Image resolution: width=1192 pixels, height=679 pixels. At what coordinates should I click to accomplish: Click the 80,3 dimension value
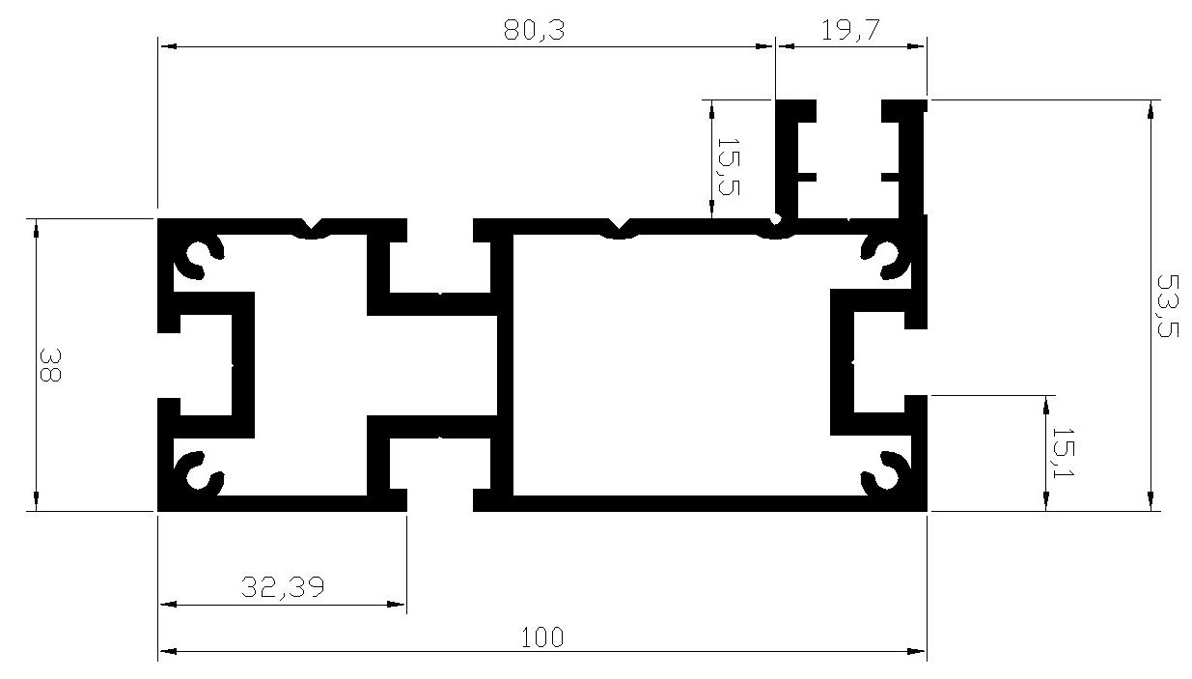(x=534, y=30)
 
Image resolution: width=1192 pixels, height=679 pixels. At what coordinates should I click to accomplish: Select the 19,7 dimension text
(x=850, y=30)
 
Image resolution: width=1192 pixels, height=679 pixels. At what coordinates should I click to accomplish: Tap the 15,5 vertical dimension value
(x=729, y=167)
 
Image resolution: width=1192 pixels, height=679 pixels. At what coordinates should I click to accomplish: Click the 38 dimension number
(x=50, y=365)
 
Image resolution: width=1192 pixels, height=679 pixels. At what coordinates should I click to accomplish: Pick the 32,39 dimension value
(x=283, y=587)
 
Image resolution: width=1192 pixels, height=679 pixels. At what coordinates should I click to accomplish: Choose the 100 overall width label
(x=541, y=637)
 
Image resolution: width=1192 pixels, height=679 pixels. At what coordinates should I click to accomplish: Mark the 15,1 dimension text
(x=1064, y=453)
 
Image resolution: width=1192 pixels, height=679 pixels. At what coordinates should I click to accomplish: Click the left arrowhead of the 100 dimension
(x=168, y=651)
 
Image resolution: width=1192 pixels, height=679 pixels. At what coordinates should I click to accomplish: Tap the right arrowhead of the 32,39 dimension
(x=396, y=605)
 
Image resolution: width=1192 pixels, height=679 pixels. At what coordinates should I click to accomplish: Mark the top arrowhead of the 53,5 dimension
(x=1151, y=110)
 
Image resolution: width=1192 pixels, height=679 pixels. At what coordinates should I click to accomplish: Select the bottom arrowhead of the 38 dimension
(x=36, y=500)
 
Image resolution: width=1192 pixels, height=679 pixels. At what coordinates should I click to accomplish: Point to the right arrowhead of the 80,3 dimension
(x=763, y=46)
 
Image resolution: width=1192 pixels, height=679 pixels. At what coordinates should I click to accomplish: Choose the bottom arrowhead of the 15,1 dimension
(x=1046, y=500)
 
